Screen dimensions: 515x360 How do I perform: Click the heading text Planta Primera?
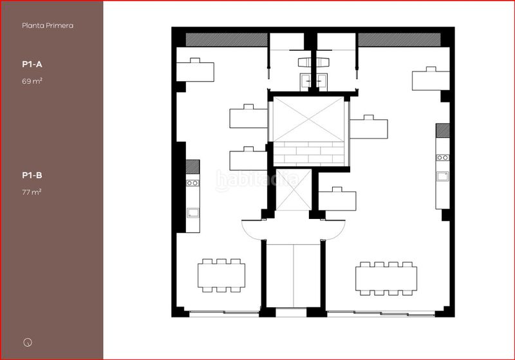coord(48,26)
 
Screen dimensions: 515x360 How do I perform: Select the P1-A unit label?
coord(32,64)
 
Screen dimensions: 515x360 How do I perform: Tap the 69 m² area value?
coord(32,81)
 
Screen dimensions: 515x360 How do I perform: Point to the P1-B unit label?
coord(32,175)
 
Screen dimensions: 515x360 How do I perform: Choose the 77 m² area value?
coord(32,192)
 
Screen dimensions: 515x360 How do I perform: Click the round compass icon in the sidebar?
coord(28,342)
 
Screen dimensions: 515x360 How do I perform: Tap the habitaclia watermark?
coord(257,180)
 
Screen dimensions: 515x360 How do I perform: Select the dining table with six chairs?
coord(221,275)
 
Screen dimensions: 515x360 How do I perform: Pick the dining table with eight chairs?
coord(386,278)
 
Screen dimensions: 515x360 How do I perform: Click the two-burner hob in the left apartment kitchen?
coord(192,183)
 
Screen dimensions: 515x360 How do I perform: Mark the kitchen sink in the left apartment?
coord(192,213)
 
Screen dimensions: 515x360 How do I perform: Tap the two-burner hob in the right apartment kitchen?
coord(442,158)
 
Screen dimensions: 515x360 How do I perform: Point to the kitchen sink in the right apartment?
coord(442,176)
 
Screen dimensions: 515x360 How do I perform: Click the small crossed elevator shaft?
coord(294,189)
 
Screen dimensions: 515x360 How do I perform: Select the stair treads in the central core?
coord(309,154)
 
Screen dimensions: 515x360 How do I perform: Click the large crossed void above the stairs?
coord(309,119)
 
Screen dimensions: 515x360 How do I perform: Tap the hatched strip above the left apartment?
coord(227,40)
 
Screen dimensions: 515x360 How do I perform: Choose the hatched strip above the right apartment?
coord(399,40)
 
